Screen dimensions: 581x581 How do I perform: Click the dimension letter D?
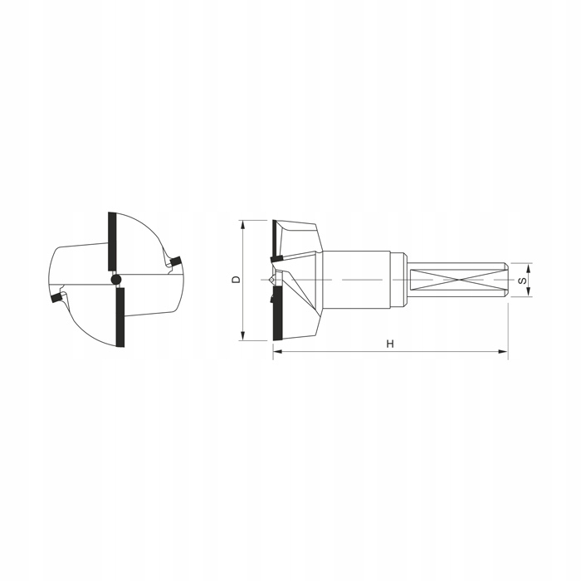coord(236,280)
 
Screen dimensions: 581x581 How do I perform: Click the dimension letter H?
coord(388,343)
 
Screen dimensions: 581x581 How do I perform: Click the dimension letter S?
coord(522,281)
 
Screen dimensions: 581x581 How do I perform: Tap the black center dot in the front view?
coord(116,279)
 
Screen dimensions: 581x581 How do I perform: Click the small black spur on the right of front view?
coord(175,262)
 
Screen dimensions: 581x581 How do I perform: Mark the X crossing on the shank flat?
coord(456,280)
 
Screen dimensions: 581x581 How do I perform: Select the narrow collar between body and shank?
coord(398,280)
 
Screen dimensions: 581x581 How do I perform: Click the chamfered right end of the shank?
coord(505,280)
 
